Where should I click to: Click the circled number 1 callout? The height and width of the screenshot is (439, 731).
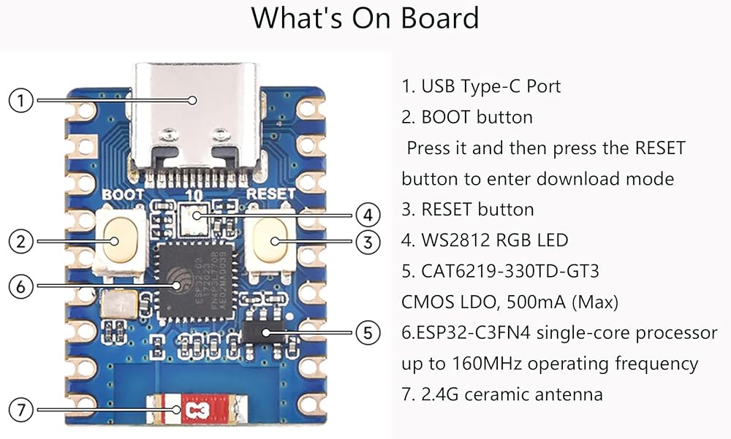21,100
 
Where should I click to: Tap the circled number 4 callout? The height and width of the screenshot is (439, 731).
368,215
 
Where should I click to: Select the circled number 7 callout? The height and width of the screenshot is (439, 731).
21,410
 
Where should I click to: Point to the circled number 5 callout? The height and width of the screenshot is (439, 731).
368,333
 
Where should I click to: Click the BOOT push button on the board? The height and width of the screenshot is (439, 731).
119,241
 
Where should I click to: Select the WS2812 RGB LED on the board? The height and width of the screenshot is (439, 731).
193,218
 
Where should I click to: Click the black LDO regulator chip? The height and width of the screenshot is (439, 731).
264,332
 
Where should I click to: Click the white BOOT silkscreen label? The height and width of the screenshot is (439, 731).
123,194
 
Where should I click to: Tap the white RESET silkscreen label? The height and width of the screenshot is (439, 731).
270,194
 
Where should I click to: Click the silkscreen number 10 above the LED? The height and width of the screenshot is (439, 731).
194,195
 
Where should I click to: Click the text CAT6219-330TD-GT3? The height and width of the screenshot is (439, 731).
510,271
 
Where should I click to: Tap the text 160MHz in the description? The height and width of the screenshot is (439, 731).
486,364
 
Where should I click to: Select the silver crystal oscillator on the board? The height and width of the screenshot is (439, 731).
119,304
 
